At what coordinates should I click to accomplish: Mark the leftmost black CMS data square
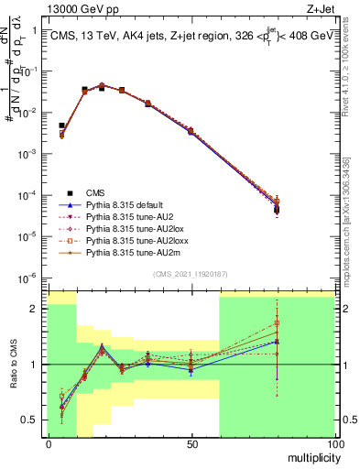point(61,125)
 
